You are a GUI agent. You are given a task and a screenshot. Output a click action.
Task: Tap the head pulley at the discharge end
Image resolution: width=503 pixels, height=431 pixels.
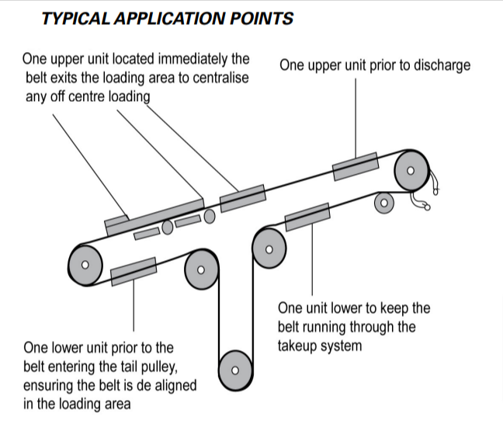pyautogui.click(x=411, y=170)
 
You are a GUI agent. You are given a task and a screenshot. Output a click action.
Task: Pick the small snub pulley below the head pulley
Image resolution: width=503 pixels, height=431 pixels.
pyautogui.click(x=383, y=203)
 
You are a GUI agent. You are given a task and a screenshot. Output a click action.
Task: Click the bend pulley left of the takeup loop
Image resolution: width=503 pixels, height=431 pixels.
pyautogui.click(x=201, y=269)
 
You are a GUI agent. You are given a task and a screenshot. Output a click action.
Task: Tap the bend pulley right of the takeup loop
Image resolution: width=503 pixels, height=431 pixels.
pyautogui.click(x=269, y=250)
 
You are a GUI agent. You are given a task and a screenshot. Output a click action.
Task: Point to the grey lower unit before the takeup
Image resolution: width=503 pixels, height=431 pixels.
pyautogui.click(x=307, y=217)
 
